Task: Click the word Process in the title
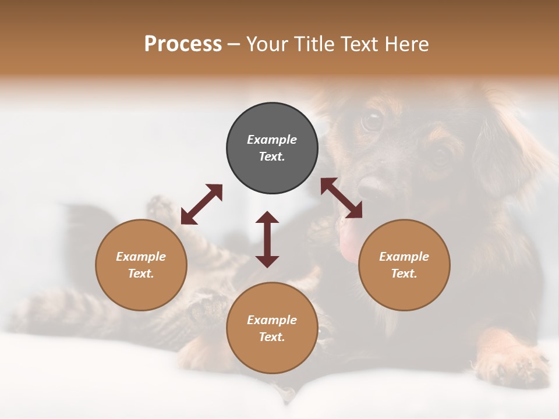tap(183, 44)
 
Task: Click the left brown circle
tap(141, 265)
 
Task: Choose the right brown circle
tap(404, 265)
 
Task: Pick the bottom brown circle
tap(272, 328)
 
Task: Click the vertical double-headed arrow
tap(267, 239)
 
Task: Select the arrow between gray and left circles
tap(201, 204)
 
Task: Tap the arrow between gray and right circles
tap(341, 198)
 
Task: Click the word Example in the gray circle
tap(272, 140)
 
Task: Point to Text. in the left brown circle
tap(141, 274)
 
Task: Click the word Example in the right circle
tap(404, 257)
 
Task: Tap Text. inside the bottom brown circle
tap(272, 337)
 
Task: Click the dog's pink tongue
tap(349, 244)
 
